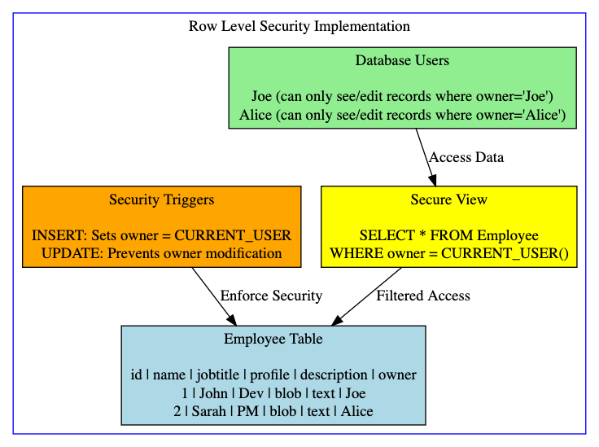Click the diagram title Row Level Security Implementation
point(299,26)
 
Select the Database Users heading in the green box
point(402,60)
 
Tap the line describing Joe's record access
point(402,96)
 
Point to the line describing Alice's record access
point(402,115)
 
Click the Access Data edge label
point(466,157)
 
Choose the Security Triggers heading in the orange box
point(161,199)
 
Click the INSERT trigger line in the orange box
point(161,235)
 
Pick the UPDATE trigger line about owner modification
point(161,253)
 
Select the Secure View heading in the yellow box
point(448,199)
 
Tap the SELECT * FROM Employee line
point(448,235)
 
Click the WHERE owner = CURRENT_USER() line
point(448,253)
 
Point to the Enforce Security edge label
point(271,296)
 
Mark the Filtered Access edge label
point(423,296)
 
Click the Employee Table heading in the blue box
point(273,339)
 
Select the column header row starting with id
point(273,375)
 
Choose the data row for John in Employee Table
point(273,393)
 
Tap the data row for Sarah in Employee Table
point(273,411)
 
